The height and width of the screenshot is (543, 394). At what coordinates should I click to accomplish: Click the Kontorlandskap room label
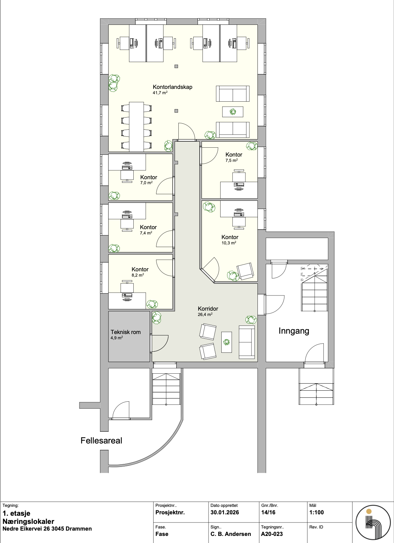pyautogui.click(x=172, y=87)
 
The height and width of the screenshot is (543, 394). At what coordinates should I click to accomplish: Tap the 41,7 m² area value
pyautogui.click(x=160, y=93)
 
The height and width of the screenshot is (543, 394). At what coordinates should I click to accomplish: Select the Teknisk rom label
pyautogui.click(x=126, y=332)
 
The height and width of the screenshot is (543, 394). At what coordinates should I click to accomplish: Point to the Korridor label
pyautogui.click(x=208, y=309)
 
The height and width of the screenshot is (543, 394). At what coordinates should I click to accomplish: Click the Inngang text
pyautogui.click(x=294, y=331)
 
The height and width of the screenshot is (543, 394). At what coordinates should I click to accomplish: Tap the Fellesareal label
pyautogui.click(x=101, y=441)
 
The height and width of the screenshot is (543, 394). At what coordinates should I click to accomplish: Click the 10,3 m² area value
pyautogui.click(x=228, y=243)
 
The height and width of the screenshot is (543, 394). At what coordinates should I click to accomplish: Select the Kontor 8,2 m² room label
pyautogui.click(x=140, y=269)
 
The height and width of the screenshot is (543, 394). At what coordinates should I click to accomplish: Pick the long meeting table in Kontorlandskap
pyautogui.click(x=137, y=126)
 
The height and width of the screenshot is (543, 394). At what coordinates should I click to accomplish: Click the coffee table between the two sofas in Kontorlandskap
pyautogui.click(x=233, y=112)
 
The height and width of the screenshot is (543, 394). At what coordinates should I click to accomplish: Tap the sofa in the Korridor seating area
pyautogui.click(x=247, y=342)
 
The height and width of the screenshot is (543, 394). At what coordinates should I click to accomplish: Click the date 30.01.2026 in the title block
pyautogui.click(x=224, y=512)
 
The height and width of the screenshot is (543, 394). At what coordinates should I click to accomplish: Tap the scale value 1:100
pyautogui.click(x=316, y=512)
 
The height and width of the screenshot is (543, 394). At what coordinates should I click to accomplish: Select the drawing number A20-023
pyautogui.click(x=272, y=534)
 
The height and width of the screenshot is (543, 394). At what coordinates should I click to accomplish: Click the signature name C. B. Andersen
pyautogui.click(x=231, y=534)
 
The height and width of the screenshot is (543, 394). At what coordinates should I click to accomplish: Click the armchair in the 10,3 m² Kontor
pyautogui.click(x=245, y=271)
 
